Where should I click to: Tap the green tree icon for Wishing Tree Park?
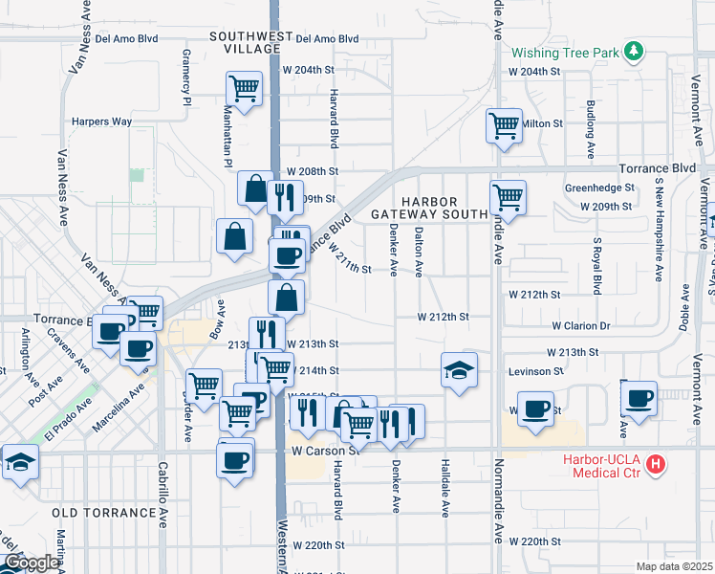[633, 50]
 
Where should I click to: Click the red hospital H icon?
[656, 465]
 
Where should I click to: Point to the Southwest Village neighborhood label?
[251, 44]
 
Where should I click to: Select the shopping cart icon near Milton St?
[503, 124]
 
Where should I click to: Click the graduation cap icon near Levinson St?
[459, 369]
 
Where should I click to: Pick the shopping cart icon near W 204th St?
[244, 88]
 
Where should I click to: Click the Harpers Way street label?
[102, 122]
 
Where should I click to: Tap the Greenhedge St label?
[599, 188]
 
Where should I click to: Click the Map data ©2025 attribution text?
[673, 566]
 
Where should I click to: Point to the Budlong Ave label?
[592, 129]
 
